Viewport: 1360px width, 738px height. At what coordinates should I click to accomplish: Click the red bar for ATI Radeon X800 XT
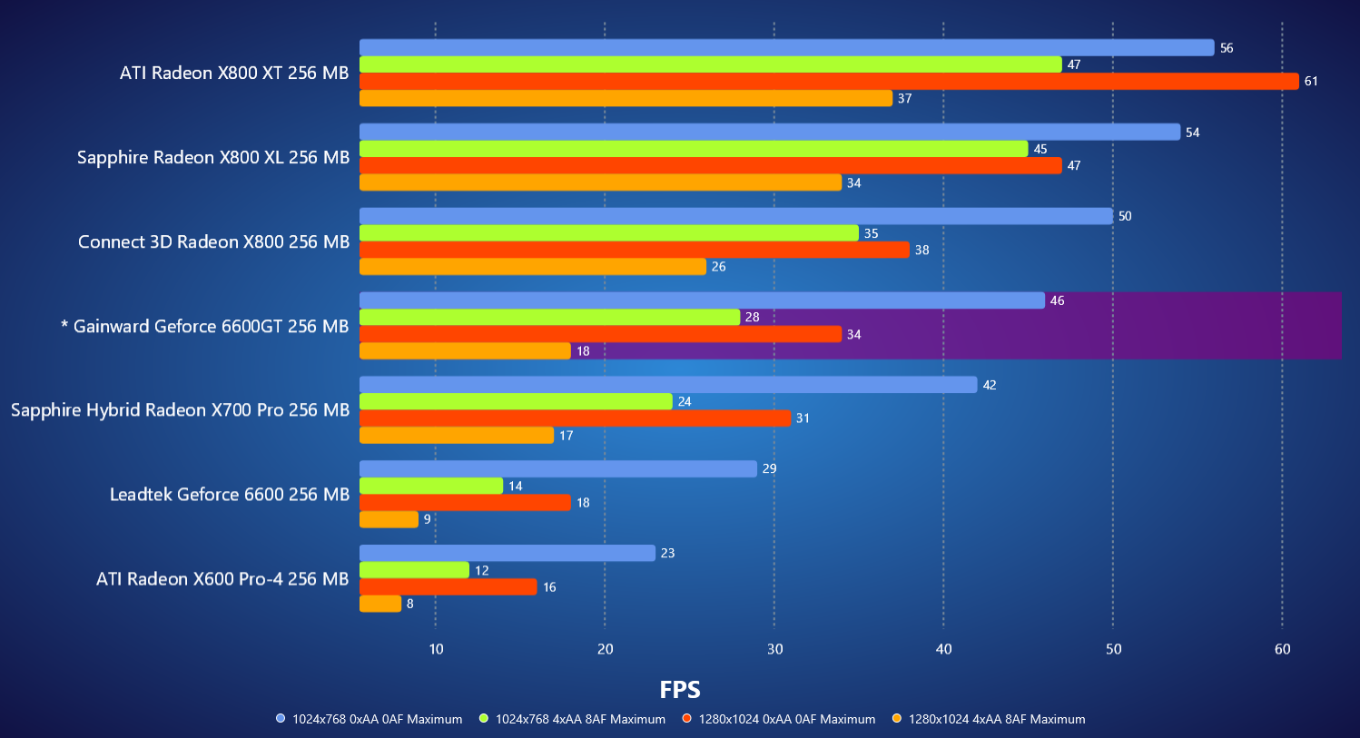point(829,82)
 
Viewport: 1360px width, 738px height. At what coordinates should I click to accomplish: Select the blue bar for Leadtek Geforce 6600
point(558,468)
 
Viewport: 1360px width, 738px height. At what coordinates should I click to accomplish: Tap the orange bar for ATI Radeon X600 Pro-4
point(380,604)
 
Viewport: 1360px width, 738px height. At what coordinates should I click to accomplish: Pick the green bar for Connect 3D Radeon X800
point(609,233)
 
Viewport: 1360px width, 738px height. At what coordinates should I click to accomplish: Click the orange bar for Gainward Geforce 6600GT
point(465,351)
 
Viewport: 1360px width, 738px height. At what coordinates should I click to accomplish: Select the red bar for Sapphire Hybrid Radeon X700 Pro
point(576,418)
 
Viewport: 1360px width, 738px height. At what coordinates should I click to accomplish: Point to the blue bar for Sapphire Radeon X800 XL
point(770,133)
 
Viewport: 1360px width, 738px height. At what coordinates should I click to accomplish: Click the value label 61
point(1311,82)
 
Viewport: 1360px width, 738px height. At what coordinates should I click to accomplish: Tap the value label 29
point(770,469)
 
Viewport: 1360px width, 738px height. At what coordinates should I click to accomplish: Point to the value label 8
point(410,604)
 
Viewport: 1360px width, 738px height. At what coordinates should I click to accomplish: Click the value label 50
point(1125,217)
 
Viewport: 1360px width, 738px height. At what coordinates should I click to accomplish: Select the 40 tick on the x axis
point(944,649)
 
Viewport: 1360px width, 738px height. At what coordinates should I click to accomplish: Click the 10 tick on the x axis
point(436,649)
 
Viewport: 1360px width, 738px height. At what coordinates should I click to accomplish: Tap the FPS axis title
point(680,690)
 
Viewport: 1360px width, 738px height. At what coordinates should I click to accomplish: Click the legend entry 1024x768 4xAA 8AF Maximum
point(579,719)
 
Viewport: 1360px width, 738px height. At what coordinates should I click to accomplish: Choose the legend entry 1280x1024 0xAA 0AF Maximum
point(786,719)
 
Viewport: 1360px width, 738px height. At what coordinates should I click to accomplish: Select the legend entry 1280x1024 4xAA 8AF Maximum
point(996,719)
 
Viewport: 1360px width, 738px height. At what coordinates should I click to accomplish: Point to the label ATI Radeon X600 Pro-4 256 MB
point(222,579)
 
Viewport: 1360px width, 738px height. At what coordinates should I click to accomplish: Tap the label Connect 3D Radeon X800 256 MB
point(213,241)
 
